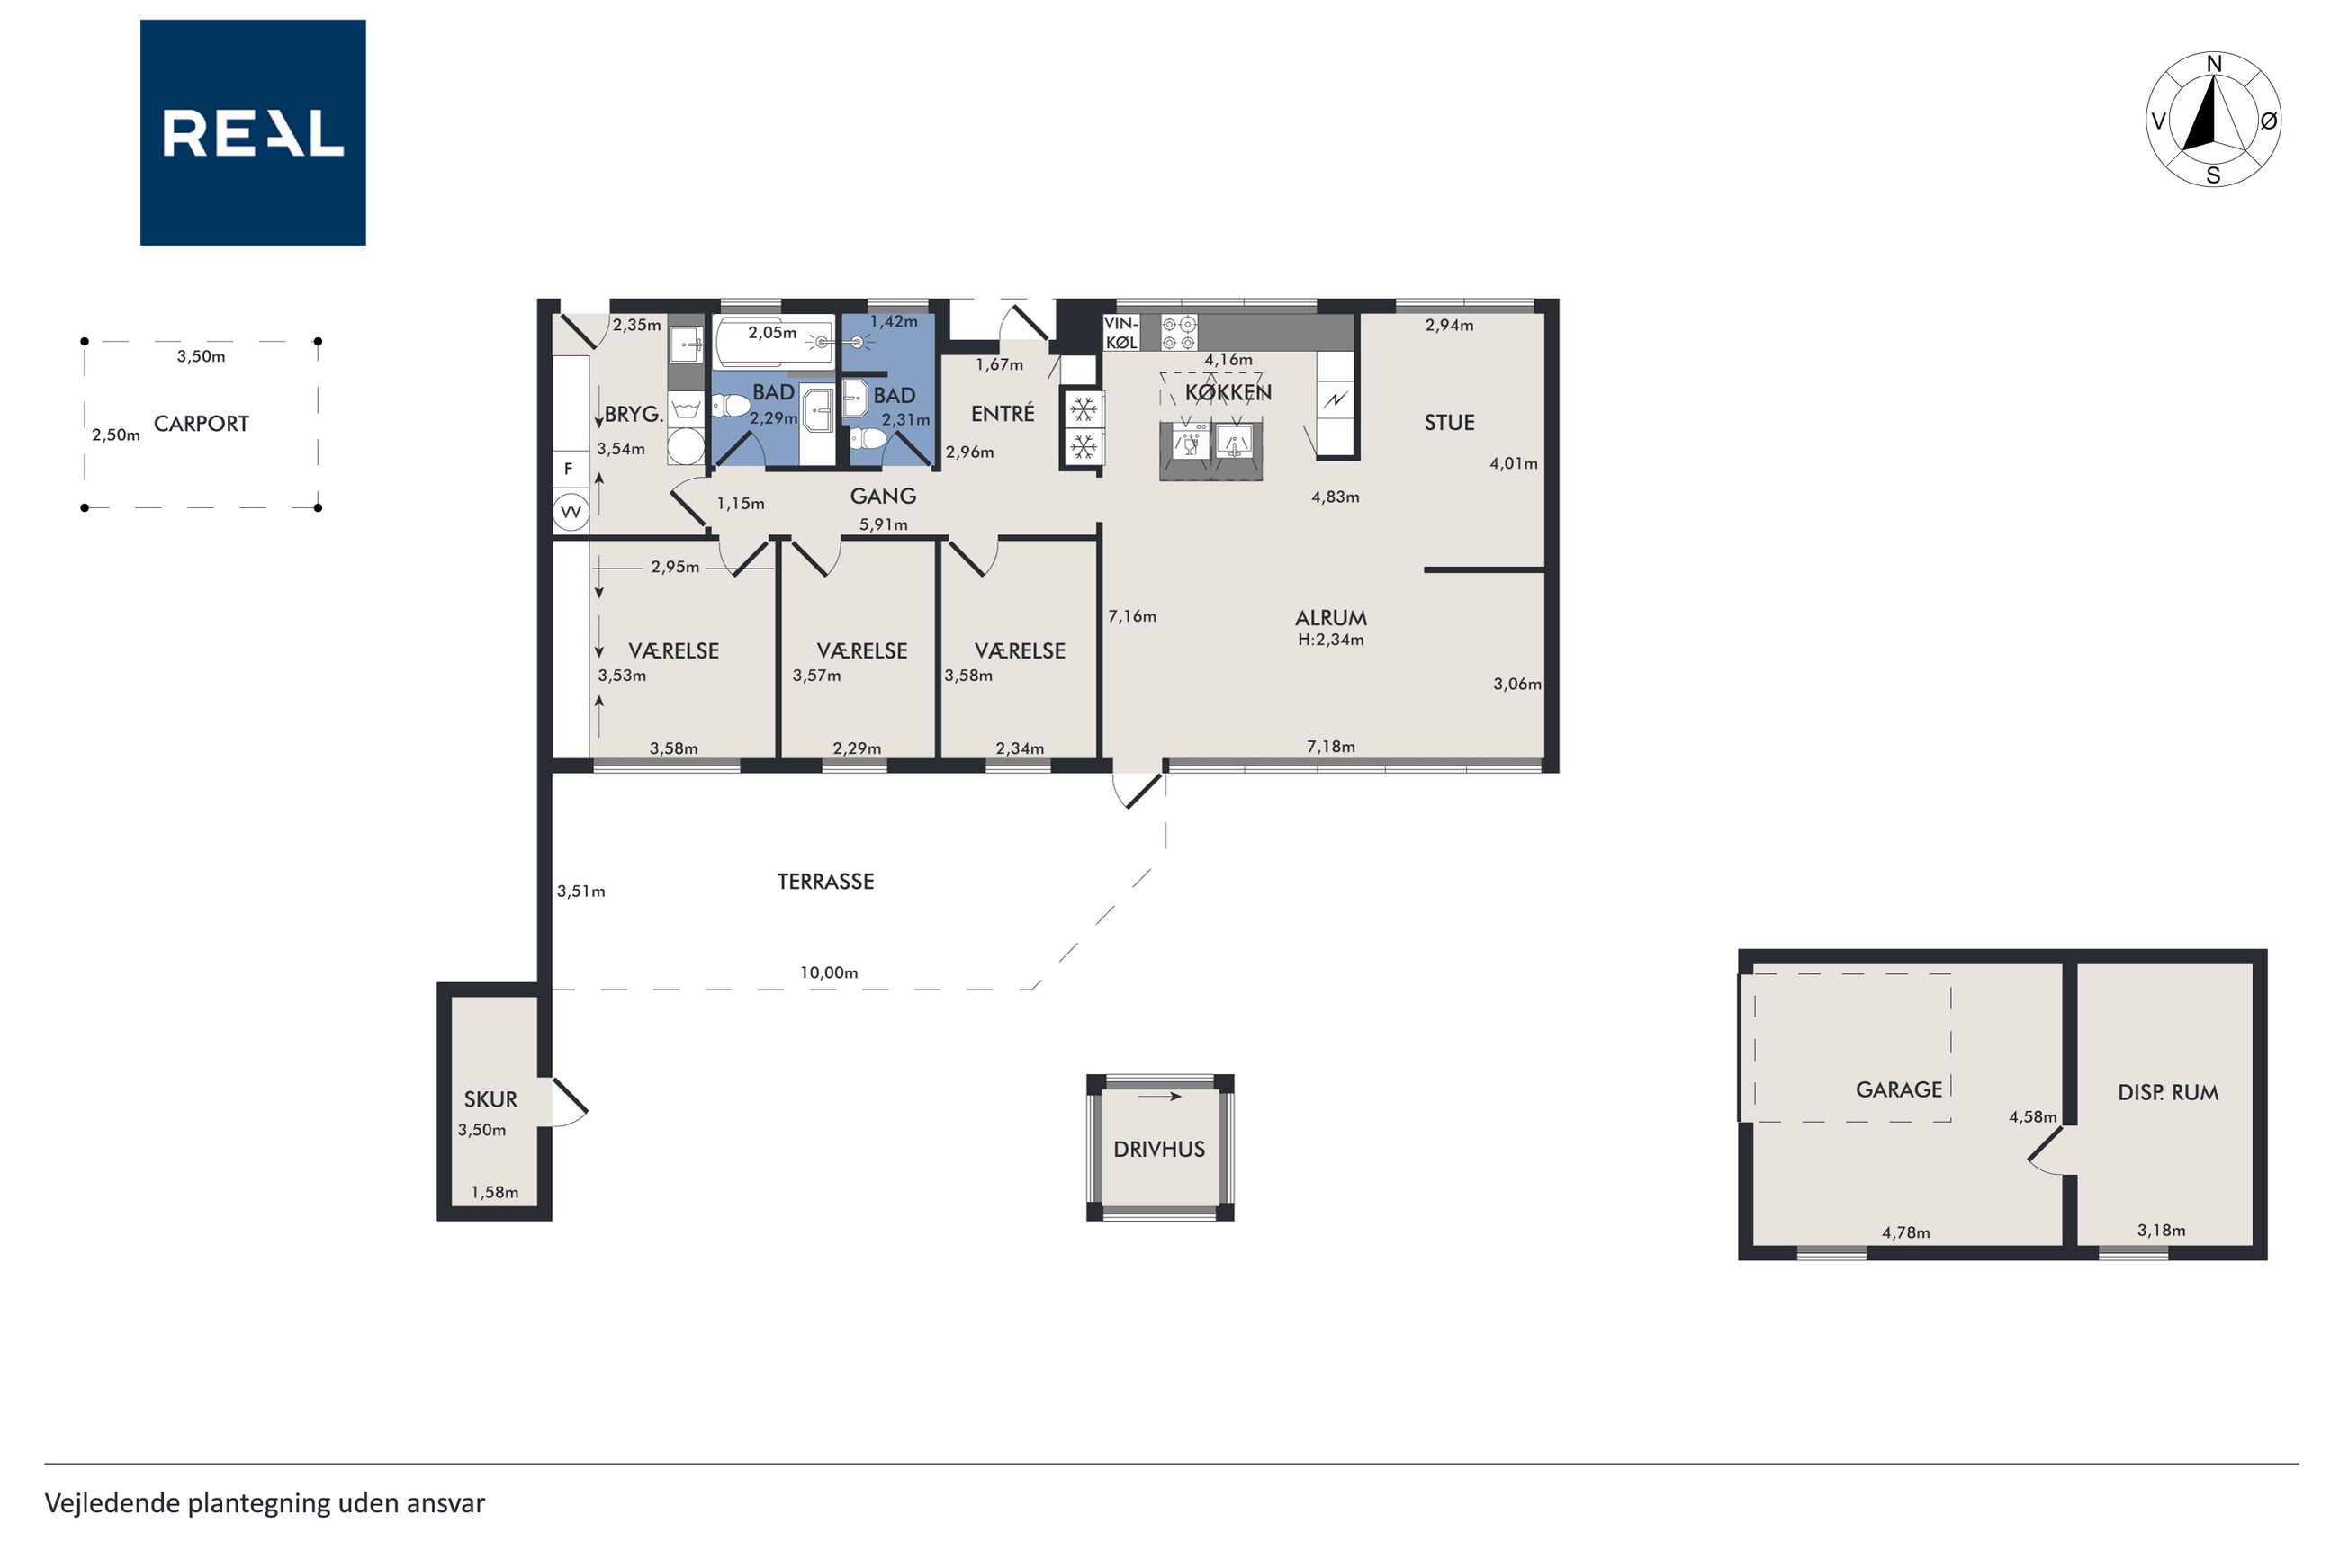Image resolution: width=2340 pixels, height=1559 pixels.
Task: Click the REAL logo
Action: (253, 132)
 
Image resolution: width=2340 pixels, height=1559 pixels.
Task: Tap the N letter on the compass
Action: (2214, 65)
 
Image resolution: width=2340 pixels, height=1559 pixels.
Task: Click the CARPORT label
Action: (201, 424)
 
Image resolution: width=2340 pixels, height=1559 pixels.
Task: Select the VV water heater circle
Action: (571, 512)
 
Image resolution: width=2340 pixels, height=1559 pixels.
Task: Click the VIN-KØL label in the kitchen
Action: (1120, 333)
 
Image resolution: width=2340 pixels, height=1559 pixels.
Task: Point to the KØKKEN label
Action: (1228, 393)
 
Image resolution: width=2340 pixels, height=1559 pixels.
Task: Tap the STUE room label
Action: (1449, 423)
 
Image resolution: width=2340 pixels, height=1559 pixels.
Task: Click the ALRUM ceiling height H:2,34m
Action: (1330, 641)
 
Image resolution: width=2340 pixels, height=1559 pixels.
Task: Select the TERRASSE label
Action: (825, 881)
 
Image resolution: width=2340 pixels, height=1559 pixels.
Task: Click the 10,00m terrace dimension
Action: (828, 972)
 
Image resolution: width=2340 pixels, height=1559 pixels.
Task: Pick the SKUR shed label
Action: (490, 1099)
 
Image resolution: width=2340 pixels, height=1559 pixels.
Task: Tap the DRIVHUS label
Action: (1158, 1150)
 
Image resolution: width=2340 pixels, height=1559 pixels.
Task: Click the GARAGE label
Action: (1898, 1089)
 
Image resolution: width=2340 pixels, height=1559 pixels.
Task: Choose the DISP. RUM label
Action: (2168, 1093)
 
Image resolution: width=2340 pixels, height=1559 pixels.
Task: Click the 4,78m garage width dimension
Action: (1905, 1232)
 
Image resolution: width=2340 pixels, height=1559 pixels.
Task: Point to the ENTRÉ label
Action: (1003, 413)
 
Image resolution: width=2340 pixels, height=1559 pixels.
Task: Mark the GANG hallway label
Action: (883, 497)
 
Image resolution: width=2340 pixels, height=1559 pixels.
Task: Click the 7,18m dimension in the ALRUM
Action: (1330, 747)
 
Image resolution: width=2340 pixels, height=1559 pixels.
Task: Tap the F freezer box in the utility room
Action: (570, 470)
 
